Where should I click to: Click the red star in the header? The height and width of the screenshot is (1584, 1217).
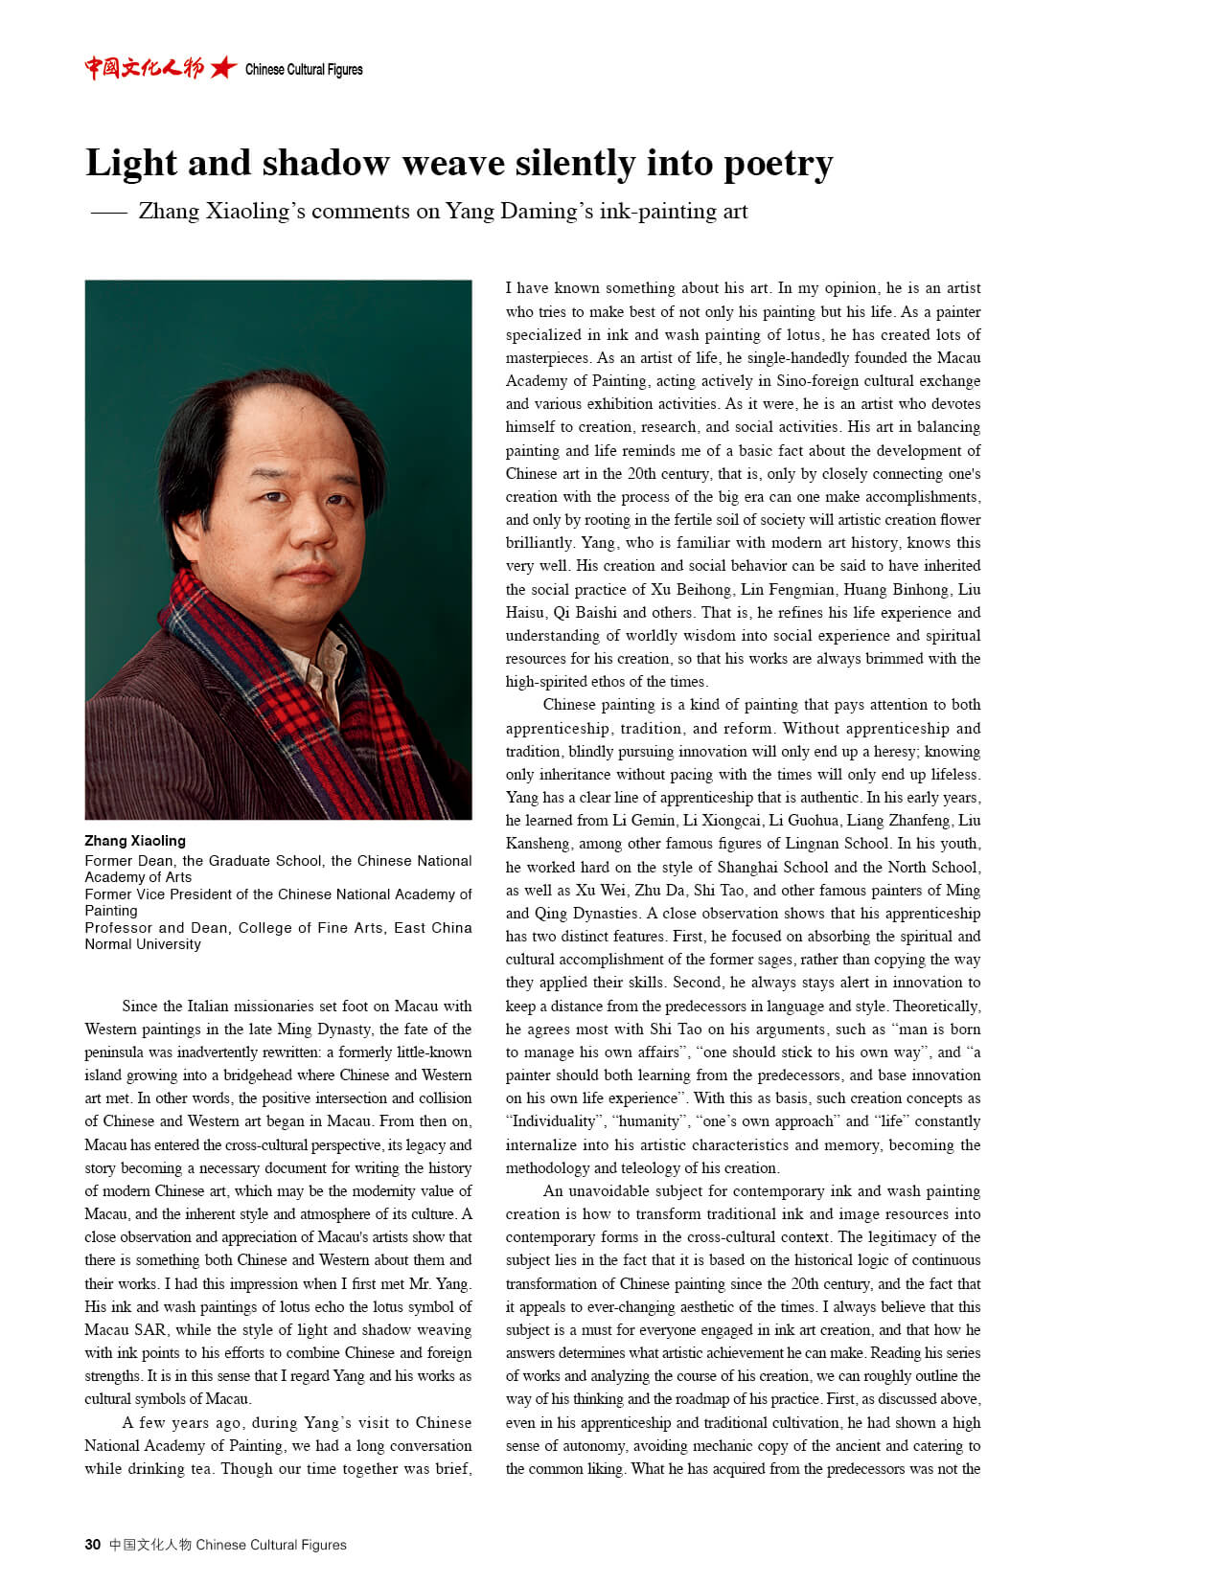[x=223, y=68]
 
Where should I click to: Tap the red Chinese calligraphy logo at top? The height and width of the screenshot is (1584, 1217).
[x=144, y=68]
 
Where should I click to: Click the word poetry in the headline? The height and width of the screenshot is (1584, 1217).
[x=778, y=164]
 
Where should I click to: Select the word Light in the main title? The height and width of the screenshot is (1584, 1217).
[x=128, y=164]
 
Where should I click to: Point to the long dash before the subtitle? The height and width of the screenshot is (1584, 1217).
[x=109, y=213]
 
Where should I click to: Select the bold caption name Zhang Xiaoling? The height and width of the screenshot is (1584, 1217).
[x=135, y=841]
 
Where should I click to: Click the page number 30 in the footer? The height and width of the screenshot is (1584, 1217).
[x=92, y=1545]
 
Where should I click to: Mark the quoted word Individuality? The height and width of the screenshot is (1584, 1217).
[x=555, y=1121]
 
